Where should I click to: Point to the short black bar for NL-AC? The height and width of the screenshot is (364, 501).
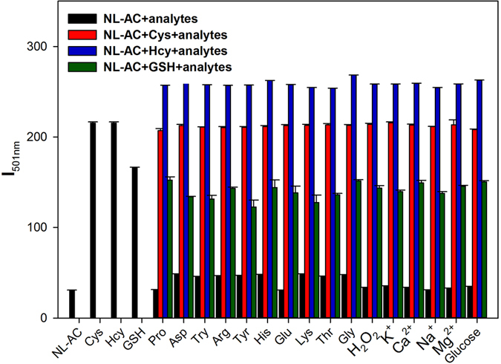(x=72, y=304)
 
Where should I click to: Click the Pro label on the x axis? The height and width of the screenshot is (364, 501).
(x=157, y=334)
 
